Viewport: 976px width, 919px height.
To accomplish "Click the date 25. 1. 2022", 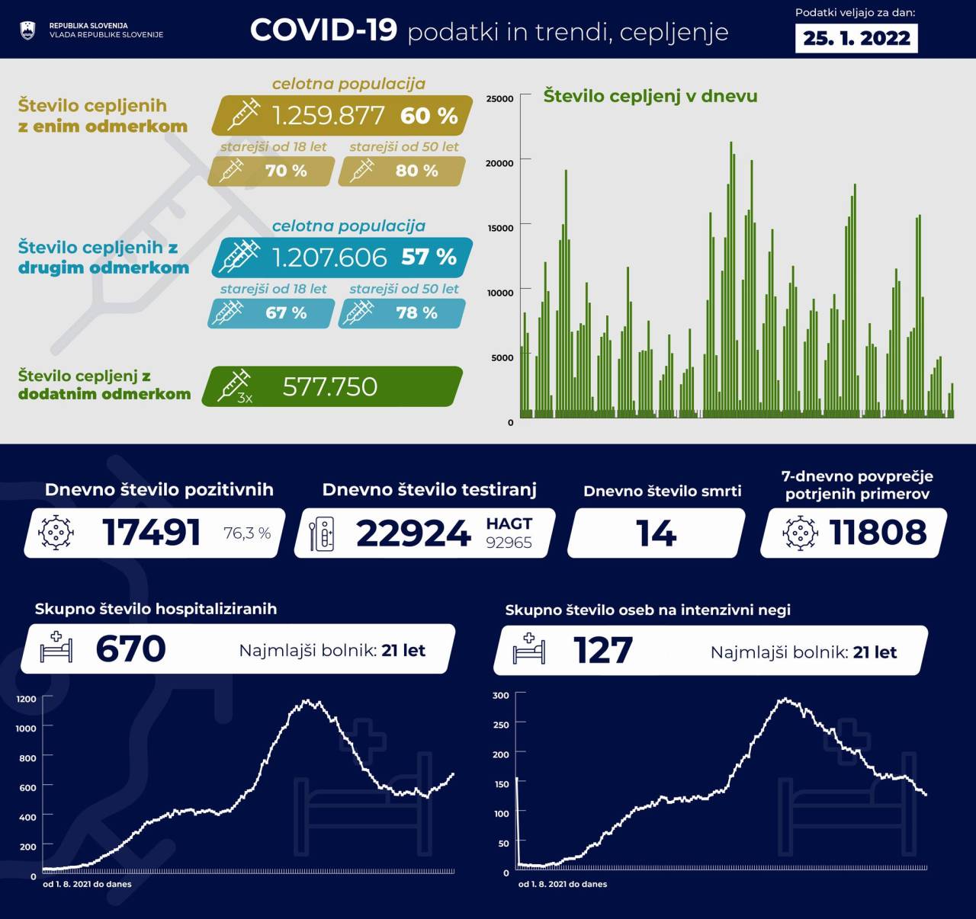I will (856, 38).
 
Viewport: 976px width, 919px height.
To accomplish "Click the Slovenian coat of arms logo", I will (27, 30).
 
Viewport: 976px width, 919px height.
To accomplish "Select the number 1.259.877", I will (328, 115).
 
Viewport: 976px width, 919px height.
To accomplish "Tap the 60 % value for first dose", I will (429, 115).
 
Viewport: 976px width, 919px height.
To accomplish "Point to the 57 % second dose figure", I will (429, 257).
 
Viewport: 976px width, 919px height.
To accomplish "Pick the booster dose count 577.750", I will (329, 386).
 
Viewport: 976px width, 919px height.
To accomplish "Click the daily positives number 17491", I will (151, 533).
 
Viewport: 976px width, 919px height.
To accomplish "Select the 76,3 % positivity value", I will (247, 533).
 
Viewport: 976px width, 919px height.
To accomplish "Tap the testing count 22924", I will (413, 533).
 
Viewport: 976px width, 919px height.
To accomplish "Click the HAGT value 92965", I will (509, 543).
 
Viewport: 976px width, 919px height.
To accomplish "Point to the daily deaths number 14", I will (656, 533).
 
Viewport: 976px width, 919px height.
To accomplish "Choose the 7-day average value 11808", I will (878, 532).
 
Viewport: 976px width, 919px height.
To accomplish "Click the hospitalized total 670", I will (130, 649).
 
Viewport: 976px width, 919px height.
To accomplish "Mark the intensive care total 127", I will (602, 651).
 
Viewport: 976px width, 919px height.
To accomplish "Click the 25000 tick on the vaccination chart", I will (499, 98).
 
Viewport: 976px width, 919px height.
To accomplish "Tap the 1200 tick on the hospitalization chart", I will (26, 699).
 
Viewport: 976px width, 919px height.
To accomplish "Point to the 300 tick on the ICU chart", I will (500, 696).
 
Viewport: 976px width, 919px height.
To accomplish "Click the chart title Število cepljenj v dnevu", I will (650, 96).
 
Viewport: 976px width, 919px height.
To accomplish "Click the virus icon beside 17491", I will (56, 532).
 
